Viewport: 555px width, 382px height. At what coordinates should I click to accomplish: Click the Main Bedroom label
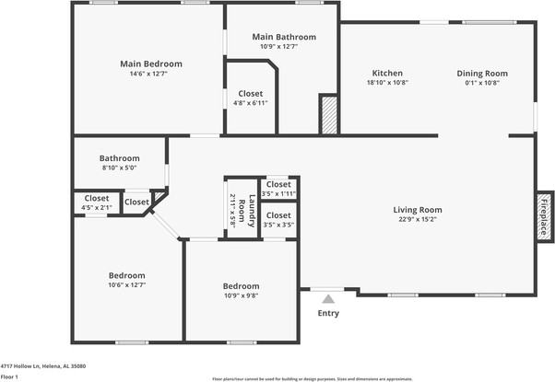[x=150, y=64]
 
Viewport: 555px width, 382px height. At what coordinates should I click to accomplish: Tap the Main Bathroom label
[x=284, y=37]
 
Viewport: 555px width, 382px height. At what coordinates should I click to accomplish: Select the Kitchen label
[x=387, y=73]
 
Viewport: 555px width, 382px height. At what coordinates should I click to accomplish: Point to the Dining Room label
[x=482, y=73]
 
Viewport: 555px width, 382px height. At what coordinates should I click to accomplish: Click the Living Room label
[x=418, y=209]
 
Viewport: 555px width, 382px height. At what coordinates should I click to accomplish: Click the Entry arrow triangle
[x=327, y=297]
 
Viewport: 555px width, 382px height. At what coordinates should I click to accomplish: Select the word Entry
[x=328, y=313]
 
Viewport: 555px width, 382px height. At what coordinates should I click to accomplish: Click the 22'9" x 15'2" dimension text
[x=418, y=219]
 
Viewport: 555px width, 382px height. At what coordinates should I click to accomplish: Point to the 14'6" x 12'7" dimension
[x=150, y=74]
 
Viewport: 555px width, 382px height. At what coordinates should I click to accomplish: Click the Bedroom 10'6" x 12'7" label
[x=126, y=275]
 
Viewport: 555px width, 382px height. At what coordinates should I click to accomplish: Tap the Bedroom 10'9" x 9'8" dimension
[x=241, y=295]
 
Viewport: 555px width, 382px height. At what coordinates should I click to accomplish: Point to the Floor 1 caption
[x=10, y=376]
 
